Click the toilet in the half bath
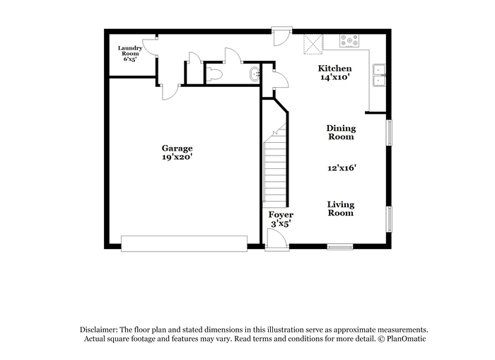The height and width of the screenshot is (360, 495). (214, 74)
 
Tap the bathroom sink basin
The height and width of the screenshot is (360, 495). (255, 74)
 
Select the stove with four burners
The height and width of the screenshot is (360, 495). (349, 41)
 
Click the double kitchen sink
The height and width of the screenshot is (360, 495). (379, 76)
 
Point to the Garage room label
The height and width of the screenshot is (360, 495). (177, 148)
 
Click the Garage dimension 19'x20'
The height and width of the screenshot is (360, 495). (177, 156)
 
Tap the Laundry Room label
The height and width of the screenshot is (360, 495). (130, 51)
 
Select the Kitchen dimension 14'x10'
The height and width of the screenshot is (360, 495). (334, 77)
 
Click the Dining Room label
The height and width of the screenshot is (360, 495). (341, 132)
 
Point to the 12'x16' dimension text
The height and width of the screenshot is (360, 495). (342, 168)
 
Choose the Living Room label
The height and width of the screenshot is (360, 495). (341, 209)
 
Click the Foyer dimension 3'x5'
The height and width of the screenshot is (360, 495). (281, 224)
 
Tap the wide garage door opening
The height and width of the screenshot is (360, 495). (184, 243)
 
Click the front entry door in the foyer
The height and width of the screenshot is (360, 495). (277, 240)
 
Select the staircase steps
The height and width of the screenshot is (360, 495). (275, 164)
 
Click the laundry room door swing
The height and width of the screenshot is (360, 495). (150, 47)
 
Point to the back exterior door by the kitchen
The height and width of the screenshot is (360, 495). (281, 36)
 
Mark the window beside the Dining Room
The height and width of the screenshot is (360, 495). (389, 133)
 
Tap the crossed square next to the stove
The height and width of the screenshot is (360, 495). (313, 45)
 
